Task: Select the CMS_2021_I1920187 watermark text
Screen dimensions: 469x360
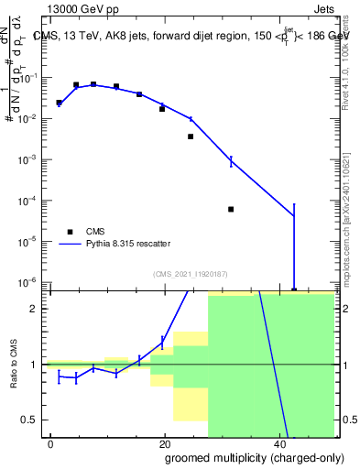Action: (190, 273)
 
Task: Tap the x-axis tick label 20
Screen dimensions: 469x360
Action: (165, 444)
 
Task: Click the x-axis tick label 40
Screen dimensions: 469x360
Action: (278, 444)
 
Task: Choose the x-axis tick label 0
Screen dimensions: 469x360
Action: (51, 444)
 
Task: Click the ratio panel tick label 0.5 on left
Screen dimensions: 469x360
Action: (32, 420)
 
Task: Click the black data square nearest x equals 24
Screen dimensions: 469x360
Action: (191, 136)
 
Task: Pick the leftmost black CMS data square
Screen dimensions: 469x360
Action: (59, 103)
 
